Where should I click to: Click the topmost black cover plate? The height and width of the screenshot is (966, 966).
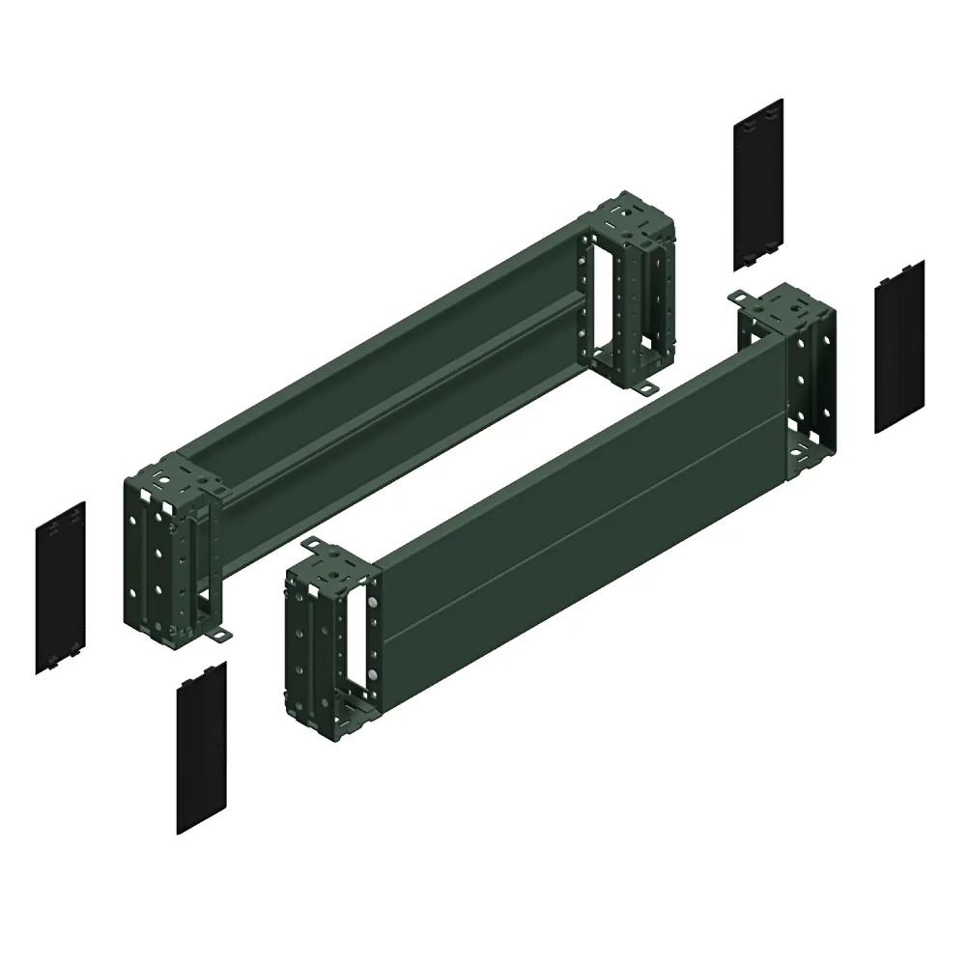[757, 184]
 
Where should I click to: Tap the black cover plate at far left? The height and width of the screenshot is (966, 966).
[61, 587]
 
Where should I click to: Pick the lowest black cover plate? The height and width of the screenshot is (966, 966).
[201, 748]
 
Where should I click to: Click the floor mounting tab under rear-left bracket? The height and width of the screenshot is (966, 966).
[222, 634]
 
